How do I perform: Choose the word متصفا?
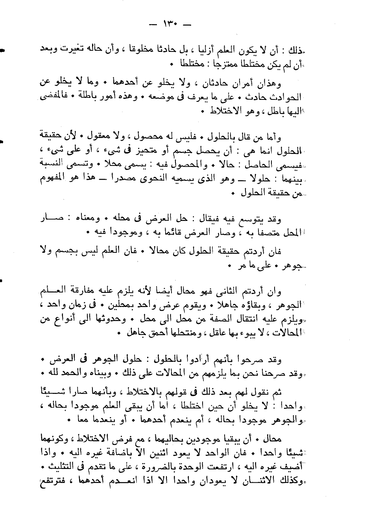tap(267, 233)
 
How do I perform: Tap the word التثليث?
tap(61, 466)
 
